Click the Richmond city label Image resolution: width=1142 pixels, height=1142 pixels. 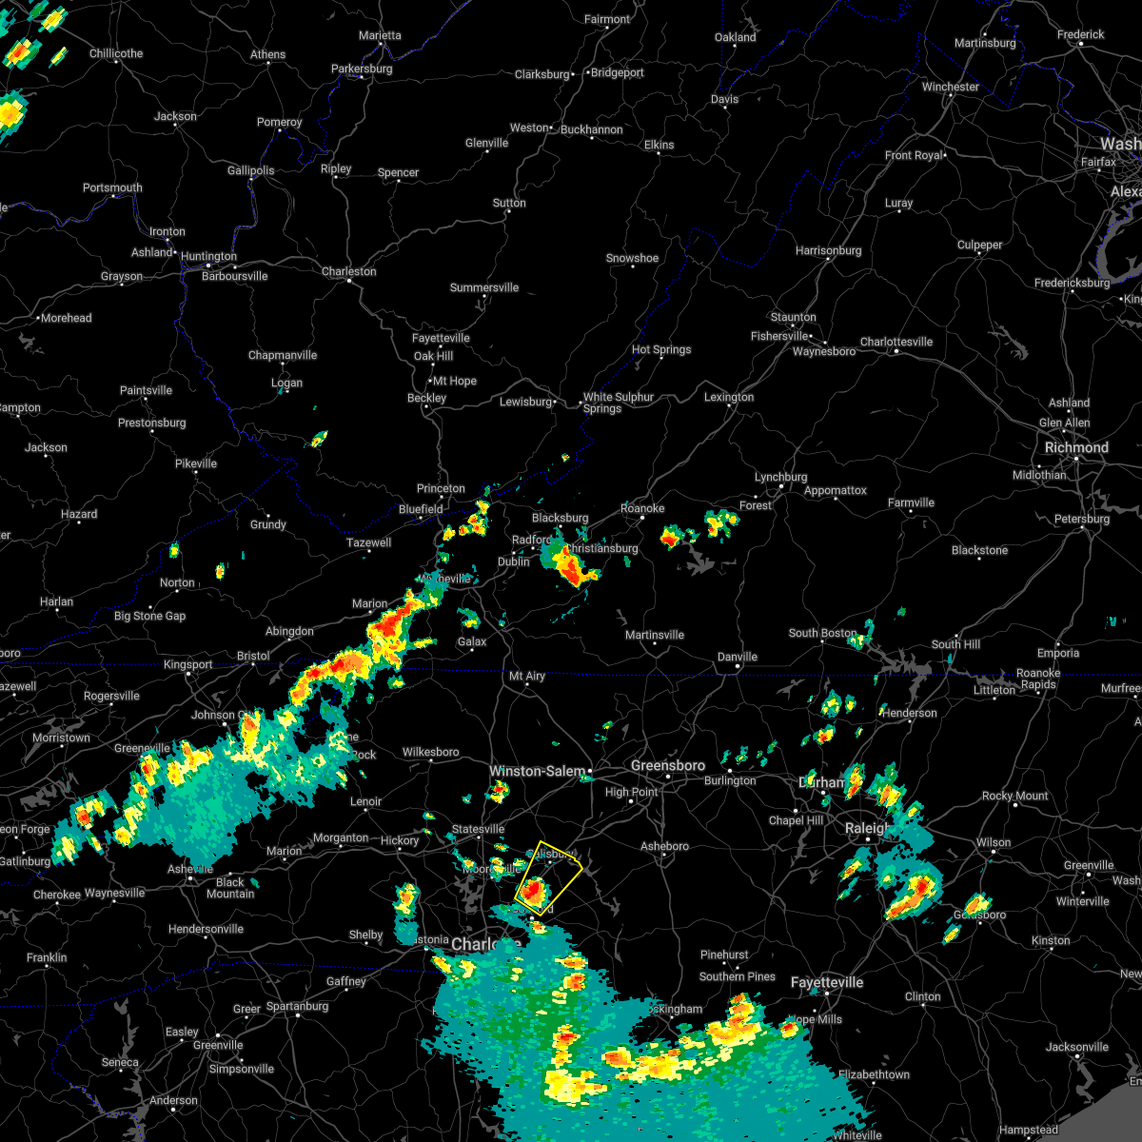point(1076,447)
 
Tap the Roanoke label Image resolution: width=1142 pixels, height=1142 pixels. point(642,508)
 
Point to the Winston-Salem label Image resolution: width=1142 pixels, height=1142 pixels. point(537,771)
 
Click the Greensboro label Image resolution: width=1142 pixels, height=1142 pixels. point(668,765)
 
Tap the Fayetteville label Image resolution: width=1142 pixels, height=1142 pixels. point(826,982)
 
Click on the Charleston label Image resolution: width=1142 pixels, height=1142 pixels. point(348,271)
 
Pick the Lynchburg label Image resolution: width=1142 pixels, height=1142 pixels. point(780,477)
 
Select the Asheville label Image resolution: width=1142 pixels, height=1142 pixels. point(189,869)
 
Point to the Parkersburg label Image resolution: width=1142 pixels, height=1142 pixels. point(362,69)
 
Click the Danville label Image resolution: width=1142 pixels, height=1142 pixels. point(737,657)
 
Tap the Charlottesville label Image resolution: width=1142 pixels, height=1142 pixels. point(896,342)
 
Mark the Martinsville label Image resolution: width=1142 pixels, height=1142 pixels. point(654,635)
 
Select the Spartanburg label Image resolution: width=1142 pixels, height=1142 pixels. point(297,1006)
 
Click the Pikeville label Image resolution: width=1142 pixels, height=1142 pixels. point(196,463)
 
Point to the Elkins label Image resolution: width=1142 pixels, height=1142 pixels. point(659,145)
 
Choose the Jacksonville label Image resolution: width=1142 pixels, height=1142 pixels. point(1076,1047)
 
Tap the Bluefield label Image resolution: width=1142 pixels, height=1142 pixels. point(421,509)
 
